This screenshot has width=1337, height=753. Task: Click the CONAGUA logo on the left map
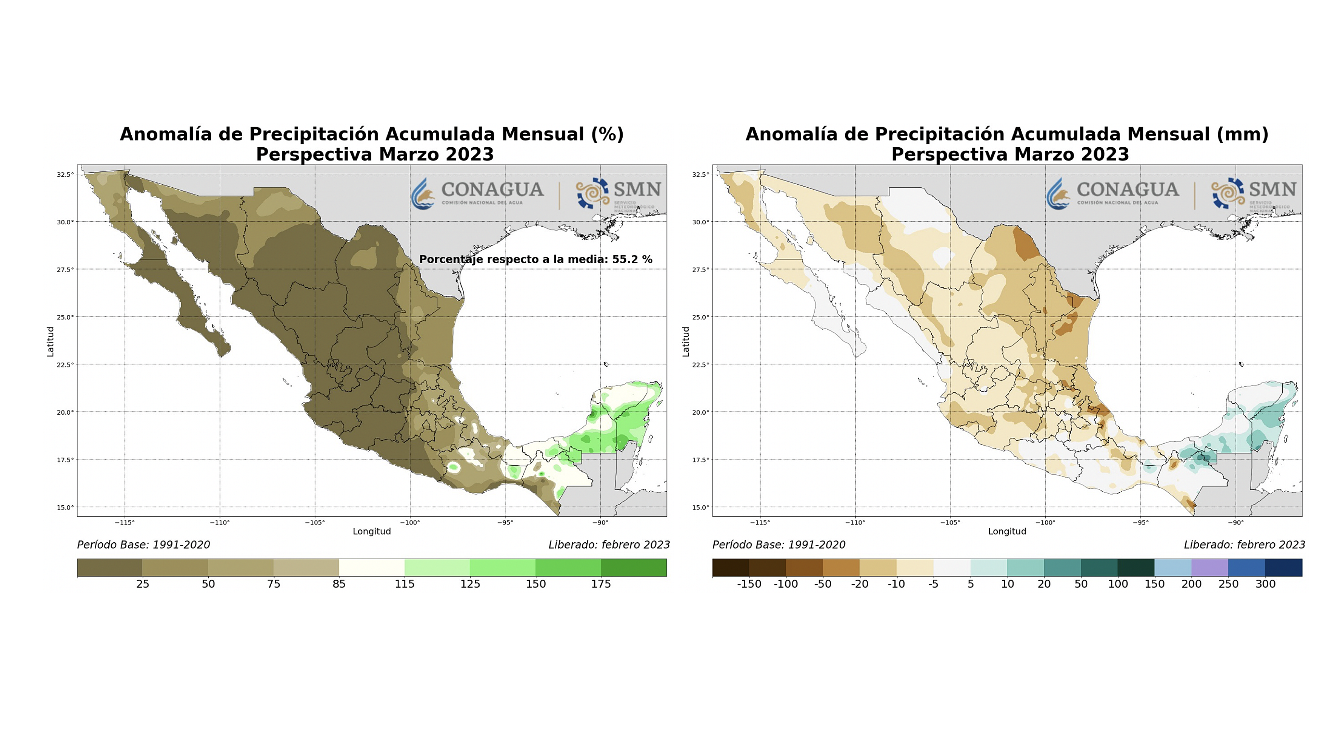pyautogui.click(x=477, y=193)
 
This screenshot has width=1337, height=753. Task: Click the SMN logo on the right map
pyautogui.click(x=1254, y=193)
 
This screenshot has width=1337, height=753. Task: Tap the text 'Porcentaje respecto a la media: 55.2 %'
pyautogui.click(x=535, y=259)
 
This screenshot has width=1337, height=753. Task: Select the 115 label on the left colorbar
pyautogui.click(x=404, y=584)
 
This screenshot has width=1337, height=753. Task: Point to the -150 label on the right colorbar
pyautogui.click(x=749, y=584)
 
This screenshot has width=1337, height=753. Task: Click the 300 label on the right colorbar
pyautogui.click(x=1265, y=584)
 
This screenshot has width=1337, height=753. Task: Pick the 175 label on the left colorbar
pyautogui.click(x=601, y=584)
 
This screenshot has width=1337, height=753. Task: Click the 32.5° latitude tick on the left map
pyautogui.click(x=65, y=174)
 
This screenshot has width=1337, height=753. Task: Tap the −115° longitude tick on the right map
pyautogui.click(x=760, y=522)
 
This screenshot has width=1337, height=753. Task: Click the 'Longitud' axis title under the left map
pyautogui.click(x=372, y=531)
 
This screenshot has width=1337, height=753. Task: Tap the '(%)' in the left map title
pyautogui.click(x=607, y=134)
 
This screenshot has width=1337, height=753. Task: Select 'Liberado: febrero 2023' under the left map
pyautogui.click(x=609, y=545)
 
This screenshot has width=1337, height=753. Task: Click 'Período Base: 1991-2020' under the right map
pyautogui.click(x=779, y=545)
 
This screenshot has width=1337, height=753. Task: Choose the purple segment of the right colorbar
pyautogui.click(x=1210, y=568)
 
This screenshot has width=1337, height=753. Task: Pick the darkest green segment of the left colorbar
pyautogui.click(x=634, y=568)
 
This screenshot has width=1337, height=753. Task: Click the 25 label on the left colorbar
pyautogui.click(x=143, y=584)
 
